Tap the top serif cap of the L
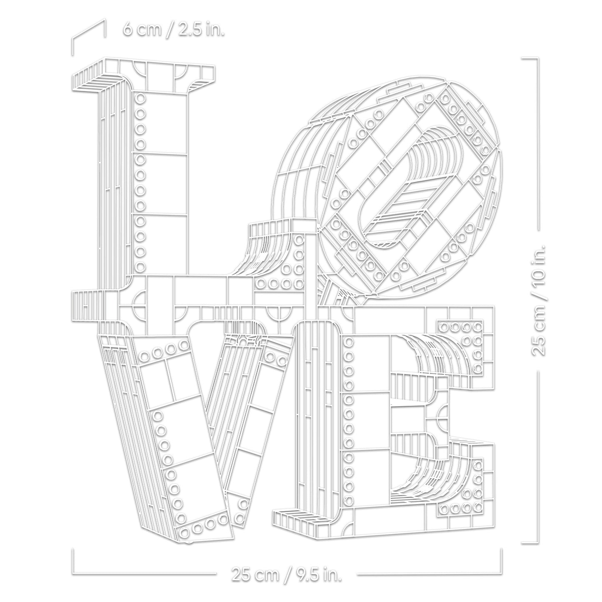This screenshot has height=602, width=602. (144, 75)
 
